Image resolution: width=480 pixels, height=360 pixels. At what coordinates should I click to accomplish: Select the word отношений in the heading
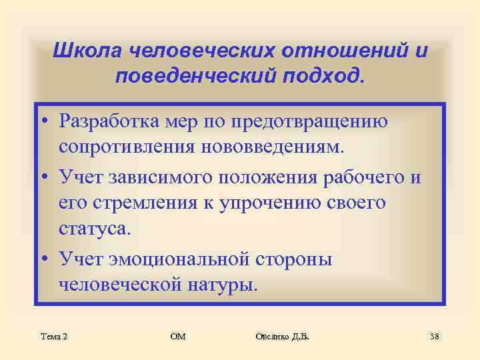pos(338,51)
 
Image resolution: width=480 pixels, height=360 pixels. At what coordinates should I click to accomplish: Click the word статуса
pos(96,229)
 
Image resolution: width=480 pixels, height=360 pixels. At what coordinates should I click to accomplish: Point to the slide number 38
pos(433,337)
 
